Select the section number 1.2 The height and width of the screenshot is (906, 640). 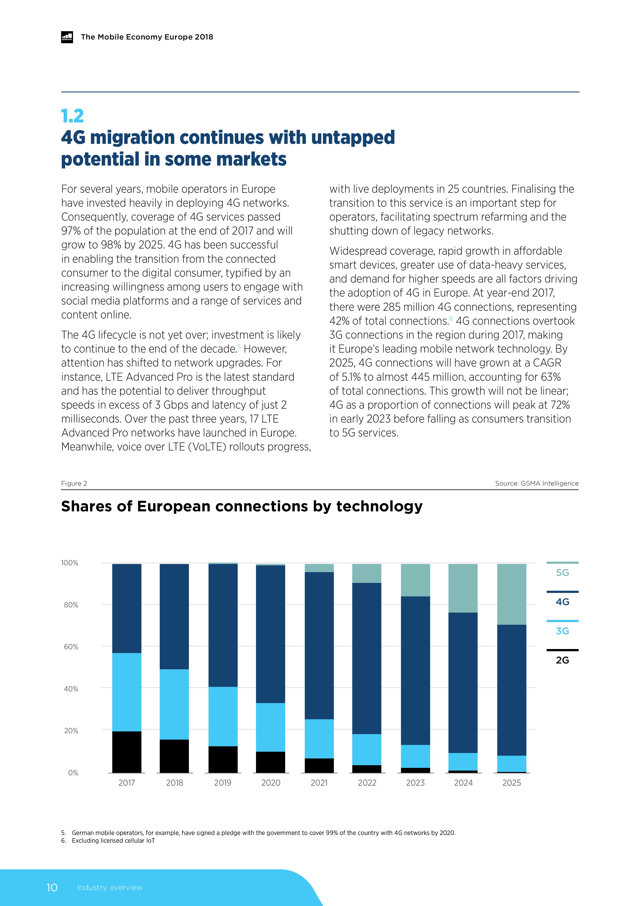pyautogui.click(x=73, y=116)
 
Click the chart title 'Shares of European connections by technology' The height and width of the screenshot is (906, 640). pyautogui.click(x=242, y=506)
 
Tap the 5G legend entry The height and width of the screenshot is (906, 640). pyautogui.click(x=562, y=573)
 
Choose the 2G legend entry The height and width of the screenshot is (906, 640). pyautogui.click(x=562, y=660)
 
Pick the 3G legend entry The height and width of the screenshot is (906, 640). pyautogui.click(x=562, y=631)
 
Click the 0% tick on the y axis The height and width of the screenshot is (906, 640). pyautogui.click(x=73, y=773)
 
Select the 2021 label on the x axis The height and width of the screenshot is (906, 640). pyautogui.click(x=319, y=783)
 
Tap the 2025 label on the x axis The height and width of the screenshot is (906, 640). pyautogui.click(x=511, y=783)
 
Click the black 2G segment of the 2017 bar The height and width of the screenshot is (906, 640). pyautogui.click(x=126, y=752)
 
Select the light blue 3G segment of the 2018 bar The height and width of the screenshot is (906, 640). pyautogui.click(x=174, y=704)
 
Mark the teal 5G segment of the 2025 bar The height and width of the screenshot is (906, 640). pyautogui.click(x=511, y=594)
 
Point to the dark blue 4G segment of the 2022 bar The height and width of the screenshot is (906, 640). pyautogui.click(x=367, y=658)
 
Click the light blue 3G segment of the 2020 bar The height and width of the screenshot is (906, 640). pyautogui.click(x=270, y=727)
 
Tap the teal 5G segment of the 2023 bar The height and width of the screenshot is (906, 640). pyautogui.click(x=415, y=580)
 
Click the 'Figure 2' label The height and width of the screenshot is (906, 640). pyautogui.click(x=74, y=483)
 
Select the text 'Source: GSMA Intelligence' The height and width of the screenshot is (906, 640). pyautogui.click(x=537, y=483)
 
